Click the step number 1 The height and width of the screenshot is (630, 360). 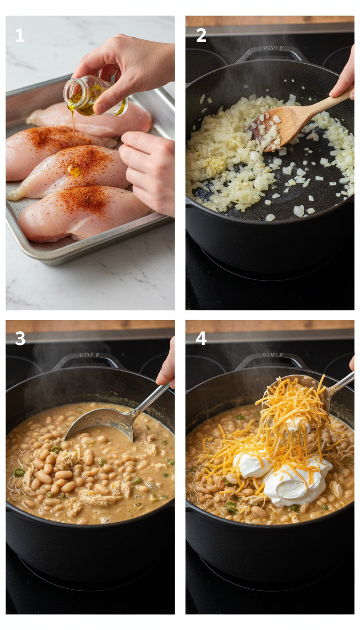(x=20, y=35)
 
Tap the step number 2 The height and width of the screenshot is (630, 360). (x=201, y=35)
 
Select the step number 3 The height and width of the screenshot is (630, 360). (x=20, y=338)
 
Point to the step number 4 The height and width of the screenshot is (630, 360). (x=201, y=338)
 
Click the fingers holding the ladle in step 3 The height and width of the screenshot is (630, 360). (x=167, y=368)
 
